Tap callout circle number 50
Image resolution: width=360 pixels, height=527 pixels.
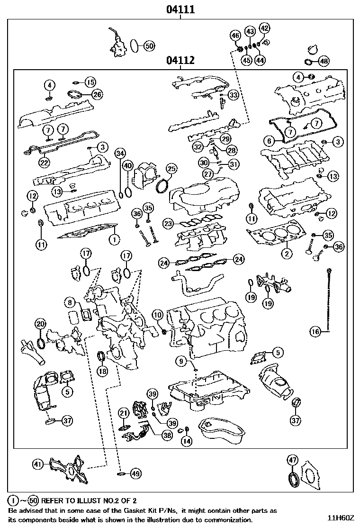149,45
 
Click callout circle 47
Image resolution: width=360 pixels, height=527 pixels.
292,460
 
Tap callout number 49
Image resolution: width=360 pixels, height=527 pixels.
136,472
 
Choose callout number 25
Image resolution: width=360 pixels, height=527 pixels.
171,169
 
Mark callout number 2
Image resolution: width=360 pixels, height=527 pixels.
286,253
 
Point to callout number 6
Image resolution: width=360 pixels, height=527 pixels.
269,141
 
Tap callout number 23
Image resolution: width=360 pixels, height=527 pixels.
168,223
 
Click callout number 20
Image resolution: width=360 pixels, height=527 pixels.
41,324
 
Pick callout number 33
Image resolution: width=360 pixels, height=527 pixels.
233,95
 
